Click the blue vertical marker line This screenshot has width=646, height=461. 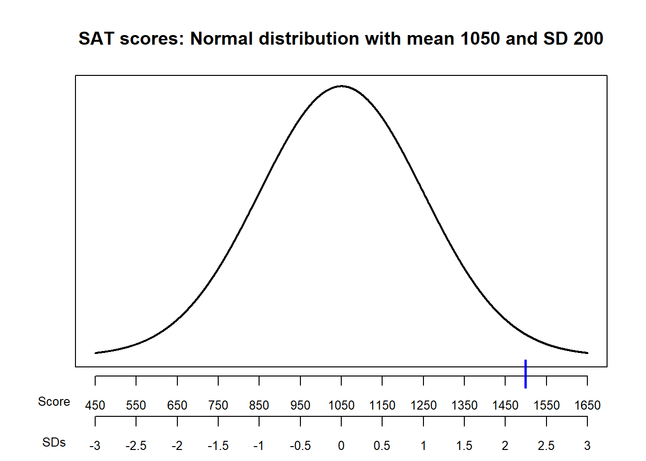526,374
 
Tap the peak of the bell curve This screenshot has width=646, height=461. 341,86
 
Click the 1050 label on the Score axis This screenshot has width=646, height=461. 341,406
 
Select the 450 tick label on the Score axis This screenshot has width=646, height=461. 95,406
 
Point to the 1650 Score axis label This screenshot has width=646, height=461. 587,406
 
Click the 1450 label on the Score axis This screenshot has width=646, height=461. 505,406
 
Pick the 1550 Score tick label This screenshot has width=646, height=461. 547,406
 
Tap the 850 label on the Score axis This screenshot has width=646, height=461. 259,406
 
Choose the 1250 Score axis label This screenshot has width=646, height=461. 423,406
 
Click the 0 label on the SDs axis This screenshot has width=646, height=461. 341,446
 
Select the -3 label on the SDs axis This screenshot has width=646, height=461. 95,446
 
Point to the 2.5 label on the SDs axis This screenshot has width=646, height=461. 547,446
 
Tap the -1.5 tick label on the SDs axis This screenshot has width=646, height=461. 218,446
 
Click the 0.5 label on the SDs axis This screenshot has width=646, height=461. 382,446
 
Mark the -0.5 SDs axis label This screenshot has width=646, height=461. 300,446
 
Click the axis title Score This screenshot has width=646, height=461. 54,402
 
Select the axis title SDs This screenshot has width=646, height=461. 54,443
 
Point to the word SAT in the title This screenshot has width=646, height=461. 96,39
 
